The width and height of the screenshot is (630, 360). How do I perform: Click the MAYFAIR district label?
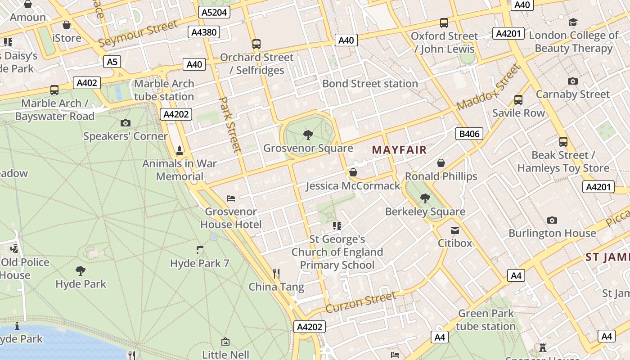point(399,150)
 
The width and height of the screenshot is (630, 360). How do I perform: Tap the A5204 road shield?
point(214,12)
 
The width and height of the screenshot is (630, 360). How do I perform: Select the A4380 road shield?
point(204,32)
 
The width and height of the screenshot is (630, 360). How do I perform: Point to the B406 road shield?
point(469,134)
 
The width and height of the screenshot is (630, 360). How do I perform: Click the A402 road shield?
point(87,83)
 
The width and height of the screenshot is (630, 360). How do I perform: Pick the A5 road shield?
point(112,61)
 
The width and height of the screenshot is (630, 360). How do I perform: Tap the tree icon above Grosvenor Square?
point(308,135)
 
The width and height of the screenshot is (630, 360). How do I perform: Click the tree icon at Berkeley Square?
point(425,198)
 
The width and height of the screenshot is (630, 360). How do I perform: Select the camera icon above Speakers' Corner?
point(126,123)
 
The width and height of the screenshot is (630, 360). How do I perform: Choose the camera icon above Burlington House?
point(552,220)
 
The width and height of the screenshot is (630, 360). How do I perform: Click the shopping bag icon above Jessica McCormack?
point(353,172)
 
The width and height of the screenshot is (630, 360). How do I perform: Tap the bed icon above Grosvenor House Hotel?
point(231,198)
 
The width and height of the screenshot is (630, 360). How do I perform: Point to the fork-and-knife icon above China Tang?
point(276,273)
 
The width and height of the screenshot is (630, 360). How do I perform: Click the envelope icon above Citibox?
point(455,230)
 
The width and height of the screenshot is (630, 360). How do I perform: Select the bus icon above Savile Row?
point(518,99)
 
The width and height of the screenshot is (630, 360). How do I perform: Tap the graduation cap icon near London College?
point(573,22)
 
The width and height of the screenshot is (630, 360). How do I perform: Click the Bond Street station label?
point(370,84)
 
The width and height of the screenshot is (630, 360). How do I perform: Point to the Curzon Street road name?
point(360,302)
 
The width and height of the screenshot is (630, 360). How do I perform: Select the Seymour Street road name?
point(138,34)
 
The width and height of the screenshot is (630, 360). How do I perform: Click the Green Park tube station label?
point(486,319)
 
